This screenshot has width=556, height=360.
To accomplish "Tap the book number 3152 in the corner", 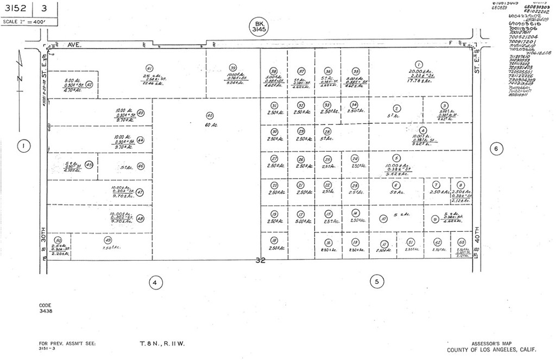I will [x=16, y=9].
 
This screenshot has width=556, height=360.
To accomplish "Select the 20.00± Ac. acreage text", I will [x=420, y=72].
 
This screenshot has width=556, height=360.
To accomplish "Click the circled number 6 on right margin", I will [x=495, y=148].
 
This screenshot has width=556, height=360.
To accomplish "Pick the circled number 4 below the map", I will [x=155, y=282].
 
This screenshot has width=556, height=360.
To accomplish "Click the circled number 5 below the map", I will [x=376, y=281].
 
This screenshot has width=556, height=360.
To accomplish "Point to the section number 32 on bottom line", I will [x=260, y=261].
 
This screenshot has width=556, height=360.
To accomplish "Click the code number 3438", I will [x=46, y=312].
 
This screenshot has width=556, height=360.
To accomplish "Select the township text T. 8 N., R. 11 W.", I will [x=162, y=344].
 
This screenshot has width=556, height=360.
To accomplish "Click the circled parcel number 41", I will [x=149, y=68].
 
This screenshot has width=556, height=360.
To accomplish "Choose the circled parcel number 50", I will [x=59, y=240].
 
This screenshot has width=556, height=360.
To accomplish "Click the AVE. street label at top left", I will [x=74, y=46].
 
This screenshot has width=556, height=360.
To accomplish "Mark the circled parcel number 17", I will [x=301, y=214].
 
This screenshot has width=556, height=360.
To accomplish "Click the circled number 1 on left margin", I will [x=23, y=146].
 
